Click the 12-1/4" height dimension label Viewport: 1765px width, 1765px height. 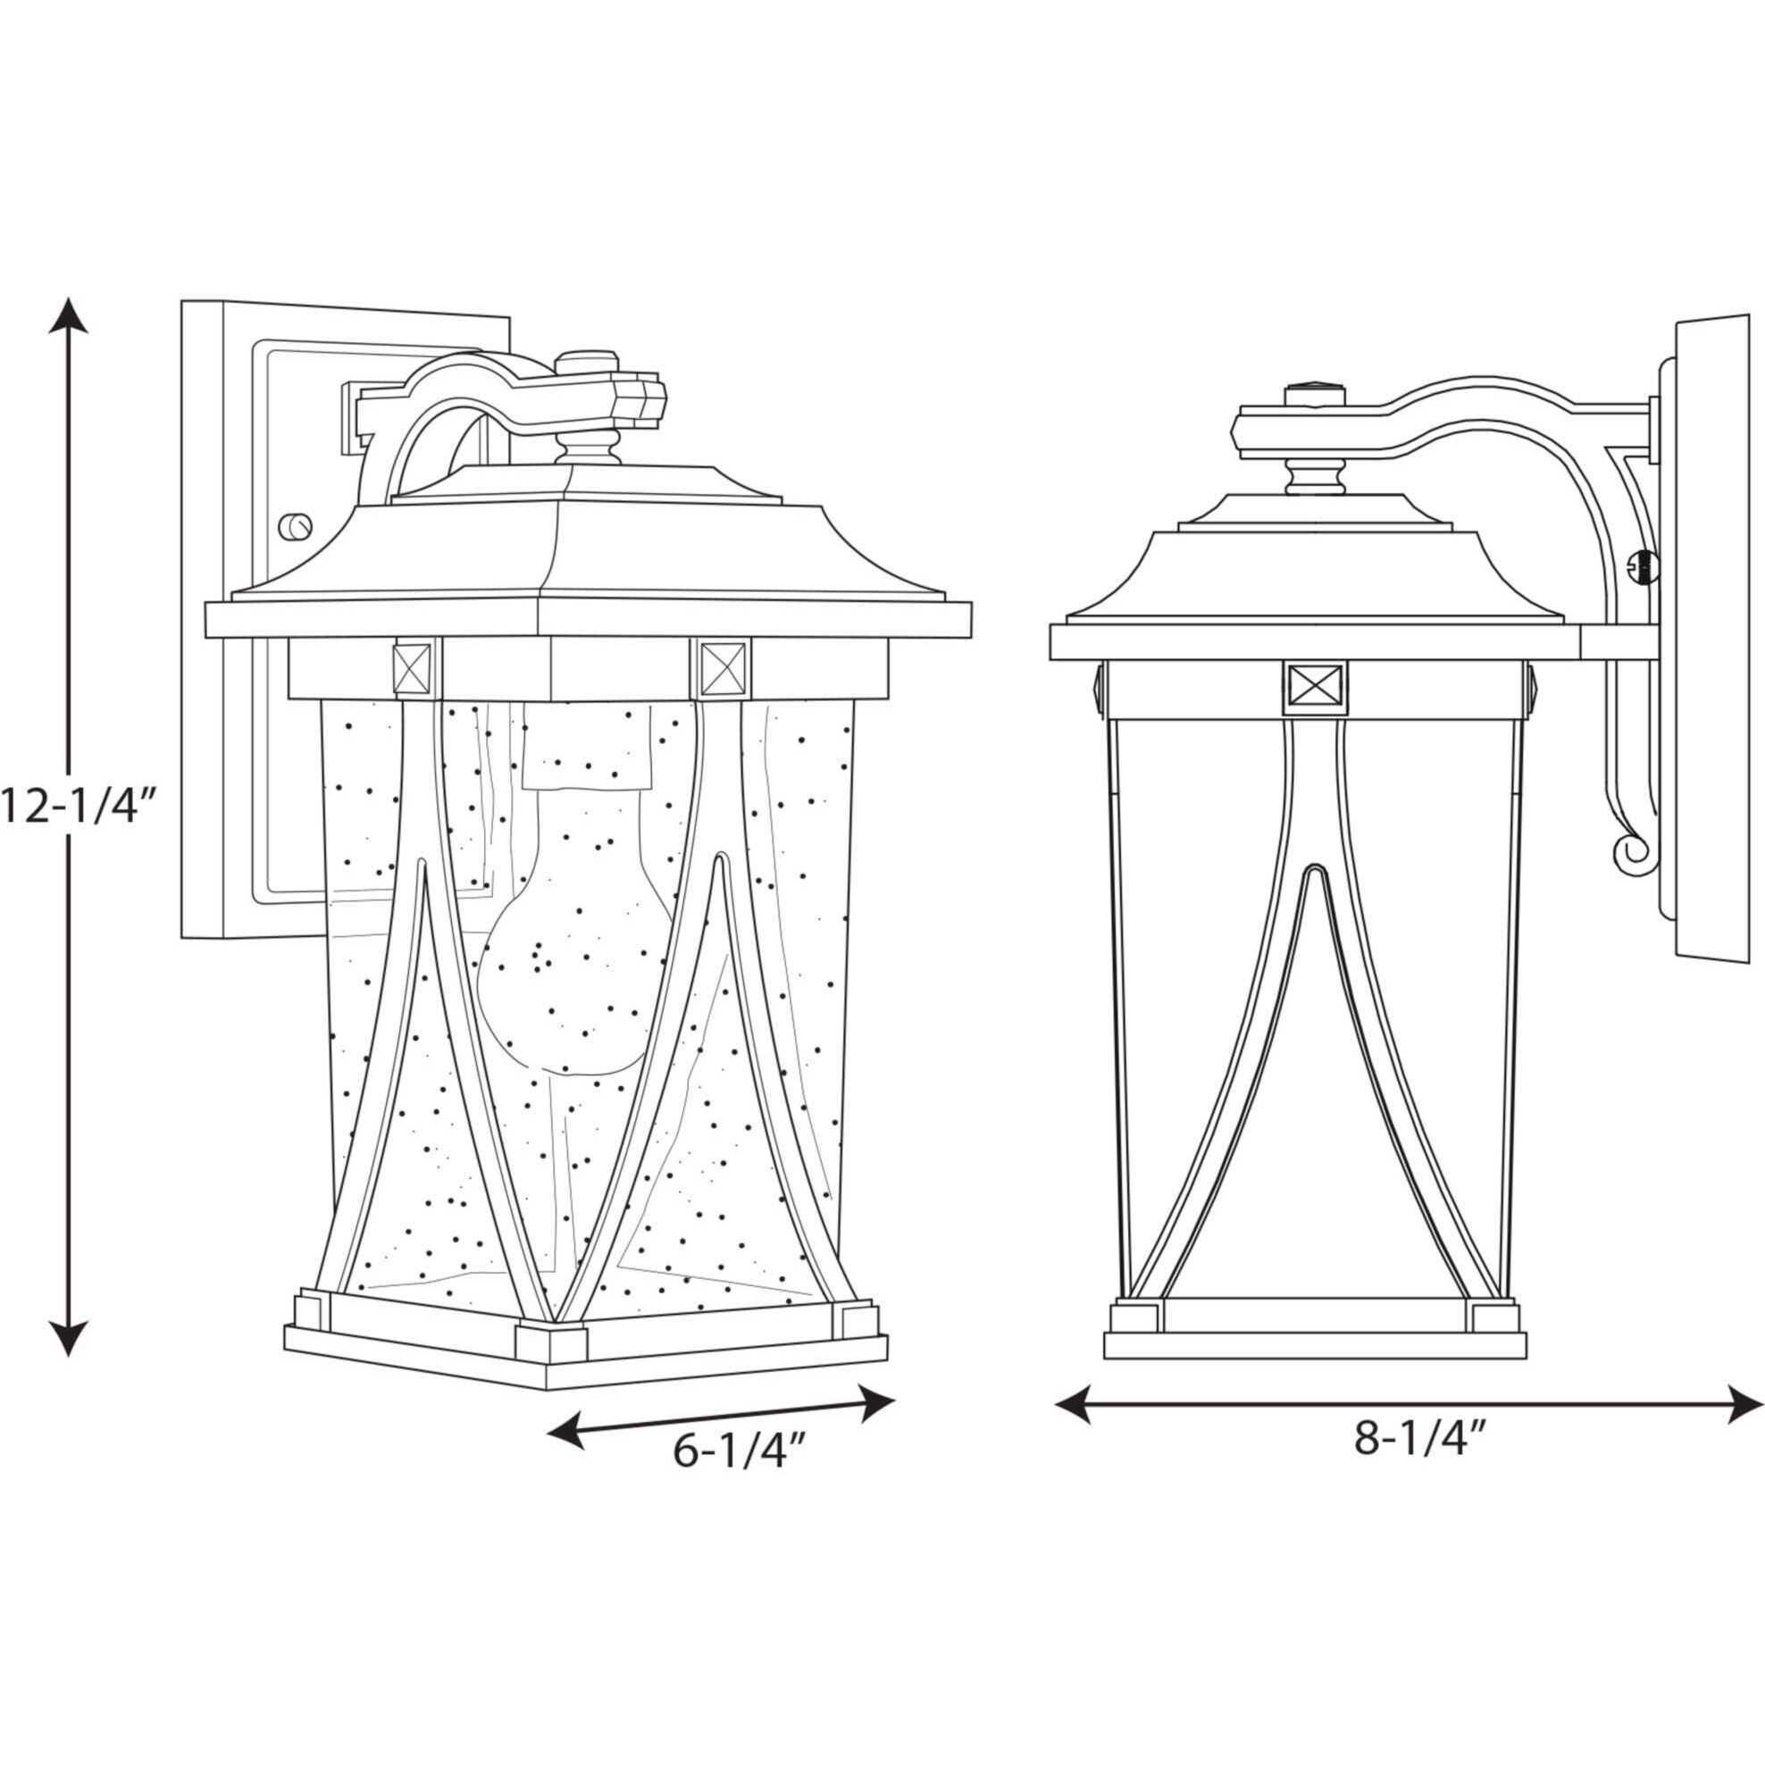point(80,807)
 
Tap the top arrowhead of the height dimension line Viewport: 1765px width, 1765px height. point(69,314)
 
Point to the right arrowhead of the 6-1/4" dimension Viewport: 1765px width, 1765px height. point(874,1403)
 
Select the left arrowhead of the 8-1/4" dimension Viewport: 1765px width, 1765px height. point(1074,1401)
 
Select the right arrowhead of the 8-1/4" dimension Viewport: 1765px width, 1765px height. point(1742,1401)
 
